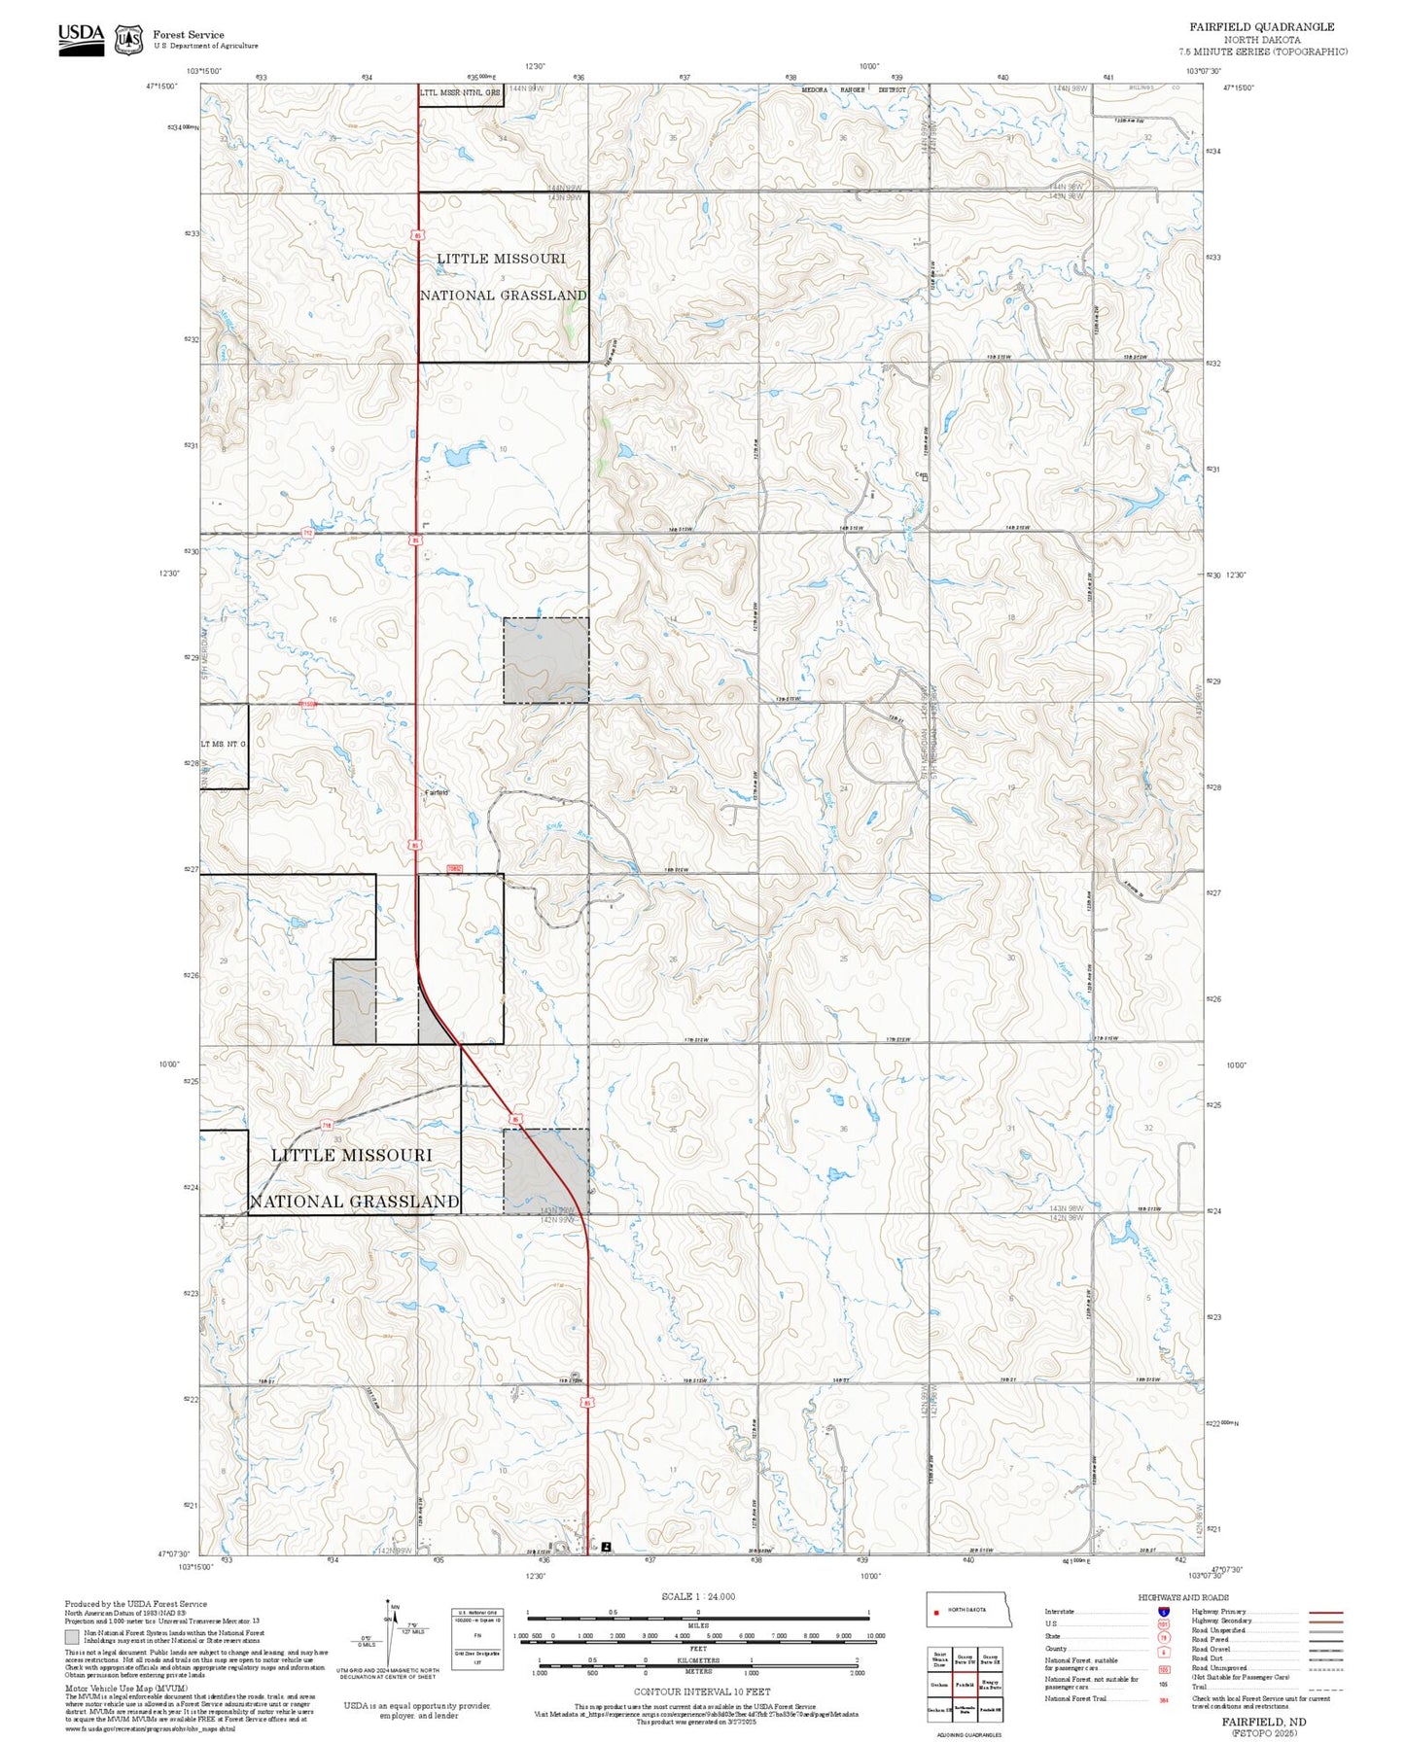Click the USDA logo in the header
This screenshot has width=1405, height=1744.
(81, 39)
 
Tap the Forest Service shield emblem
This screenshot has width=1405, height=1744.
(128, 40)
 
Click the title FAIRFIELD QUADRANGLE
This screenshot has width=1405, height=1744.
(1261, 27)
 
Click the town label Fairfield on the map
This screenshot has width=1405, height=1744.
(437, 792)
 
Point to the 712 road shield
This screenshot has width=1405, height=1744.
(308, 533)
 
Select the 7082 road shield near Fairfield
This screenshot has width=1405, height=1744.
(454, 868)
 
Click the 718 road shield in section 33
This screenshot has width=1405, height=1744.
(329, 1126)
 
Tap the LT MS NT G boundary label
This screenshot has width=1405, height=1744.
(224, 744)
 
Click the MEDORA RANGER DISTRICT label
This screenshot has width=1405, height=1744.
(853, 89)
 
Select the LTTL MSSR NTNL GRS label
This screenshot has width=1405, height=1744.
(461, 93)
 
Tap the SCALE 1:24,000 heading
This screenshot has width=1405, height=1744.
(697, 1596)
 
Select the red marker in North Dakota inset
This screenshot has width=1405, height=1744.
(936, 1610)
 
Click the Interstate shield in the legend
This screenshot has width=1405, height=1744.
(1163, 1611)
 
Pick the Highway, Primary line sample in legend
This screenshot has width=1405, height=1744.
(1326, 1612)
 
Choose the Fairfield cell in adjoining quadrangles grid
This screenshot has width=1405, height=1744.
(965, 1685)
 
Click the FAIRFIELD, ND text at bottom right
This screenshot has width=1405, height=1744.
(1263, 1721)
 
